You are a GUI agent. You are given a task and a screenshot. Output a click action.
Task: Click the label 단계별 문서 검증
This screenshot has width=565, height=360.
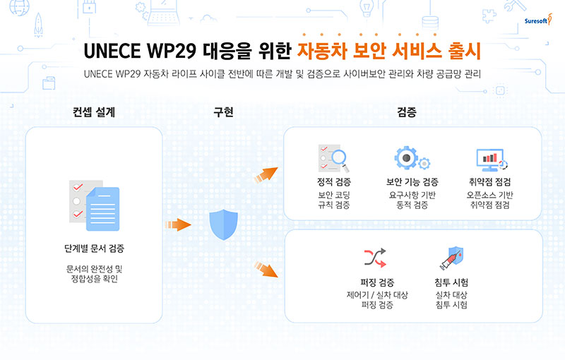[94, 248]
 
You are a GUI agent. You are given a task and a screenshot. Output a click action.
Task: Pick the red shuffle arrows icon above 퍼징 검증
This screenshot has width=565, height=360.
[374, 257]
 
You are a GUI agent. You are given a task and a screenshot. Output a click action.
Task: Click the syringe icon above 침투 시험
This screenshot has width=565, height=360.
[451, 257]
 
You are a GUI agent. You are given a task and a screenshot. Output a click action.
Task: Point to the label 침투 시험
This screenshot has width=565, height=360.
[451, 282]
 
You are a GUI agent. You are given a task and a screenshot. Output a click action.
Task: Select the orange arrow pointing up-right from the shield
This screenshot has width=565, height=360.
[266, 174]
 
